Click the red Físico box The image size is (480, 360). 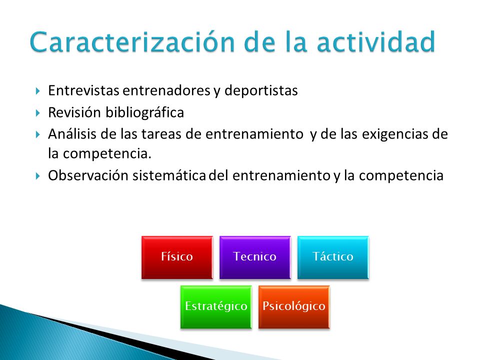click(x=177, y=257)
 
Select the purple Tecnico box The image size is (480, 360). click(x=255, y=257)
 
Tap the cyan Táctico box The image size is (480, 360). click(x=333, y=257)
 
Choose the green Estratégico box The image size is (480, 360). click(x=216, y=306)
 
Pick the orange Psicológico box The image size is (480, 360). click(x=294, y=306)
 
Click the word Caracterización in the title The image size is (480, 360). click(x=132, y=41)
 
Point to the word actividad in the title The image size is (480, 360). click(x=376, y=41)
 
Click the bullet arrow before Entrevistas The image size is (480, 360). click(x=37, y=91)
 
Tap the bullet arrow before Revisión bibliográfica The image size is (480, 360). click(x=37, y=113)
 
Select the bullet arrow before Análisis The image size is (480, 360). click(x=37, y=134)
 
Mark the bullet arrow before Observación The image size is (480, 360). click(x=37, y=176)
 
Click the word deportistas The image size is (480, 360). click(x=261, y=90)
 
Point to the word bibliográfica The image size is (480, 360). click(x=145, y=112)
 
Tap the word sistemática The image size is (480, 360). click(x=169, y=175)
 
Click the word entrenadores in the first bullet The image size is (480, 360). click(x=166, y=90)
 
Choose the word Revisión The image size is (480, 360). click(x=74, y=112)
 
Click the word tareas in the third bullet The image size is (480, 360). click(x=161, y=134)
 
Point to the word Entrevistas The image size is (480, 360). click(x=83, y=90)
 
